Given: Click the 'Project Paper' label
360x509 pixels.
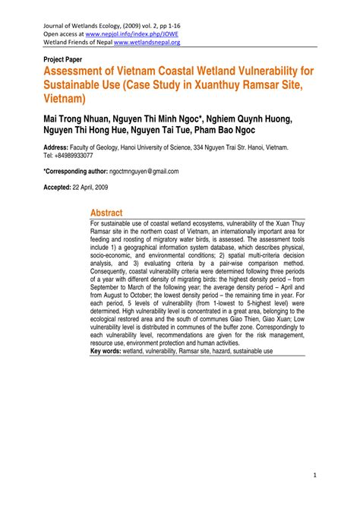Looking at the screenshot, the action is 56,57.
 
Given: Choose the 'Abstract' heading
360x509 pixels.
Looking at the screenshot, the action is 106,213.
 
